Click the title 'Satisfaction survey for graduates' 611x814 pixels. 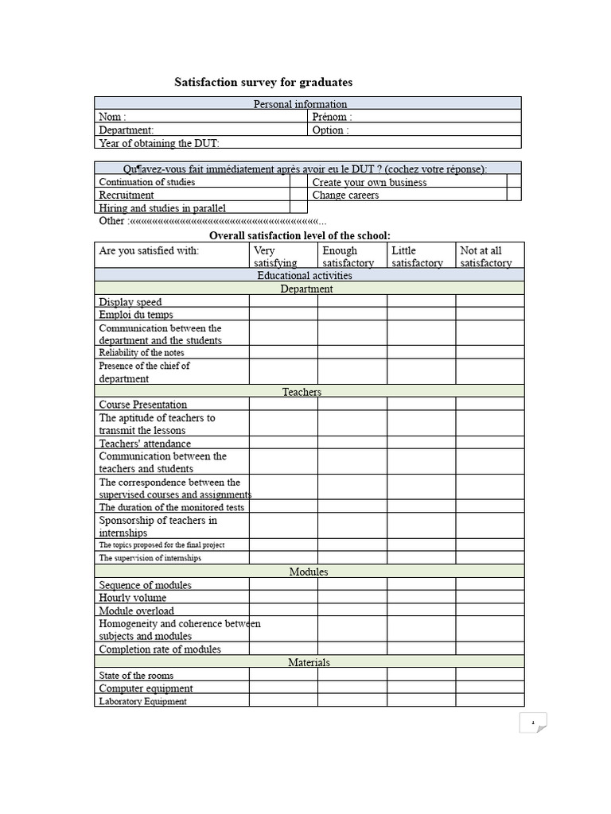(x=263, y=83)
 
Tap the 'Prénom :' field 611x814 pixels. (x=414, y=116)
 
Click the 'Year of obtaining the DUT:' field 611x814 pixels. (x=308, y=142)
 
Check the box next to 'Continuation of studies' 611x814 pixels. (x=298, y=181)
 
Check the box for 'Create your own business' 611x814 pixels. (x=514, y=181)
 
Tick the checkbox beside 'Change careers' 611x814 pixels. (x=514, y=194)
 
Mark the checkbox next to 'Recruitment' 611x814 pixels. (x=298, y=194)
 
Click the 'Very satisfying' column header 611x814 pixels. (x=283, y=256)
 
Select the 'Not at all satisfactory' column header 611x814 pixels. (x=489, y=256)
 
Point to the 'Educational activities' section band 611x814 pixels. (x=308, y=275)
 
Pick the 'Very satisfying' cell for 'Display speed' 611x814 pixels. (x=283, y=301)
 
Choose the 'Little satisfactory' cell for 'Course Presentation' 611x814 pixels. (x=421, y=404)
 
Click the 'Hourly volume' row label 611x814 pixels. (x=133, y=598)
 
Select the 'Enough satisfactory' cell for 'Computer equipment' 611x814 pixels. (x=352, y=688)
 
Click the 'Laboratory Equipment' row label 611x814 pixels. (x=143, y=701)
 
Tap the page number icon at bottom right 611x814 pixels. (x=533, y=723)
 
